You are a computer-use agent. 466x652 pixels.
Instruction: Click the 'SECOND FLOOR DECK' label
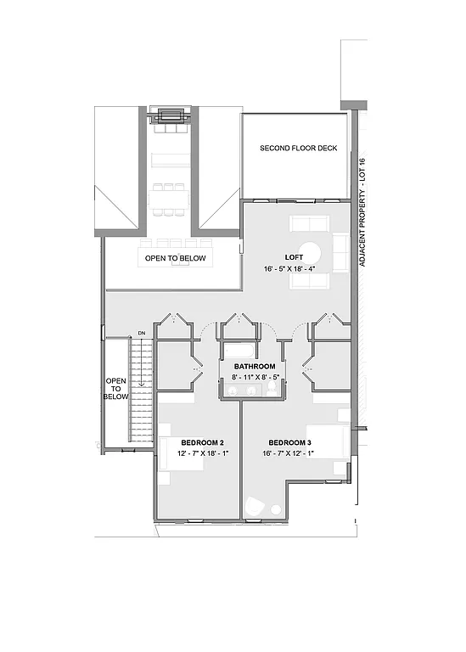coord(298,149)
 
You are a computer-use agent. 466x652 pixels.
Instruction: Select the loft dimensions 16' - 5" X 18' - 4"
coord(289,268)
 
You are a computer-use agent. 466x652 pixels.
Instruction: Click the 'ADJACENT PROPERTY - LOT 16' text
coord(362,212)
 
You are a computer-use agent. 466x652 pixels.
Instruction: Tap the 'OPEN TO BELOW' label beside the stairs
coord(116,389)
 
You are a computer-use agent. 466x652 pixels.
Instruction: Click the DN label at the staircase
coord(142,332)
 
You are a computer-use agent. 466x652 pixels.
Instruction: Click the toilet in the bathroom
coord(271,389)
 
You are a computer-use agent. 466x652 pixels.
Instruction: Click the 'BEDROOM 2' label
coord(199,442)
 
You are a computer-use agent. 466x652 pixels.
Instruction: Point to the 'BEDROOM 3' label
coord(289,442)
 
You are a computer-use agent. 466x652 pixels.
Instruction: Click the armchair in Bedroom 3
coord(254,507)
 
